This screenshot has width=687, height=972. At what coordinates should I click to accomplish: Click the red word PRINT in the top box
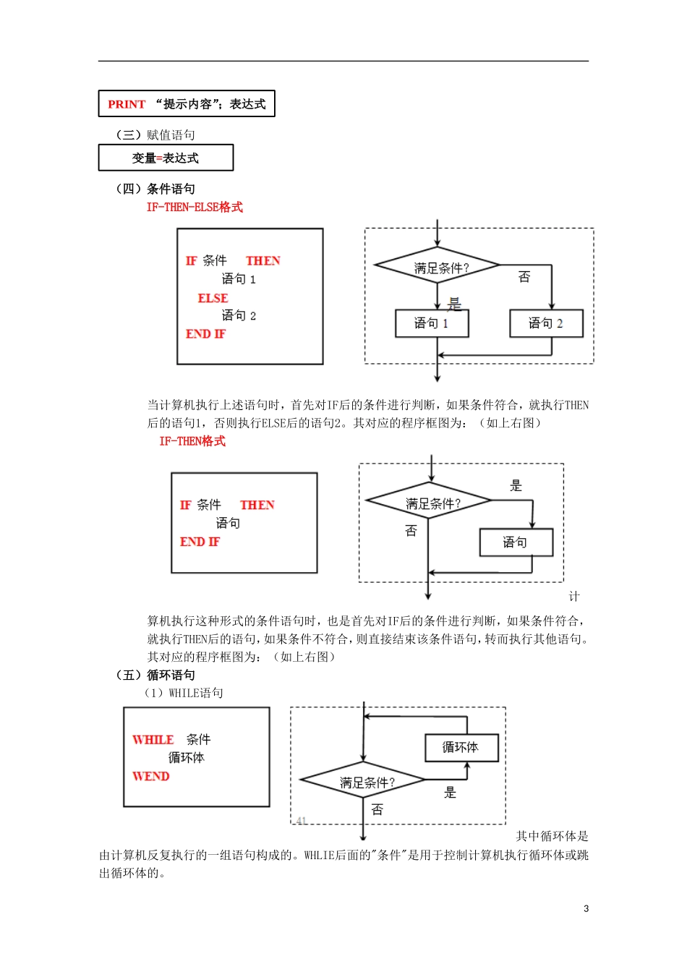click(127, 104)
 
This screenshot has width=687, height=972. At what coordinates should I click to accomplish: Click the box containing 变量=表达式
click(166, 158)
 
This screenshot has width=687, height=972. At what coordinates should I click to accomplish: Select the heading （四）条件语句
click(155, 189)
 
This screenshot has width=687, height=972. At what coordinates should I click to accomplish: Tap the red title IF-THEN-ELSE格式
click(195, 207)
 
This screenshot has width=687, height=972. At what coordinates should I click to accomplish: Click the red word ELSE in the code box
click(213, 298)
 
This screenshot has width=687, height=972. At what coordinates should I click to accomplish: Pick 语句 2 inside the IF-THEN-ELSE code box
click(239, 315)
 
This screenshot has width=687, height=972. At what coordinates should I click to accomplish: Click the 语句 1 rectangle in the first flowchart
click(432, 323)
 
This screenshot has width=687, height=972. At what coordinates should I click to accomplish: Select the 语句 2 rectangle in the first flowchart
click(546, 323)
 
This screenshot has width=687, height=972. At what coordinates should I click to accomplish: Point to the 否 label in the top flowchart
click(524, 277)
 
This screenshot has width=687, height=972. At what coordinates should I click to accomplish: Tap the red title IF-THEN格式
click(192, 441)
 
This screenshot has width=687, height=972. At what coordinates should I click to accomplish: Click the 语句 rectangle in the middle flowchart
click(516, 542)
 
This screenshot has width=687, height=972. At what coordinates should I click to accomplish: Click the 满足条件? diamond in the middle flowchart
click(430, 501)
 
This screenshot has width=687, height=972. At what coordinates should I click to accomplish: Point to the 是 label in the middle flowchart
click(516, 485)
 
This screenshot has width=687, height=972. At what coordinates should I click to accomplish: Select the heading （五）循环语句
click(155, 675)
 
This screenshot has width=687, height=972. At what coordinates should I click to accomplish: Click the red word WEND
click(151, 776)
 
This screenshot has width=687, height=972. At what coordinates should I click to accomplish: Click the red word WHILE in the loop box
click(153, 740)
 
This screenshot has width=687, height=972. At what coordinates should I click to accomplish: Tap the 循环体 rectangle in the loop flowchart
click(461, 747)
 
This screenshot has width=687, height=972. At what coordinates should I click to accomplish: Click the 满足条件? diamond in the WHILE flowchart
click(364, 781)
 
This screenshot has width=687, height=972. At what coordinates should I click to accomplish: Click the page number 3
click(586, 908)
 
